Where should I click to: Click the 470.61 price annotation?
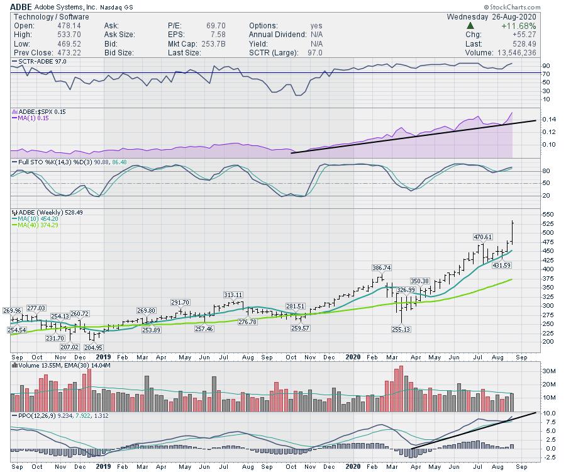[x=483, y=237]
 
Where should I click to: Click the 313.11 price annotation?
[x=233, y=295]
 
